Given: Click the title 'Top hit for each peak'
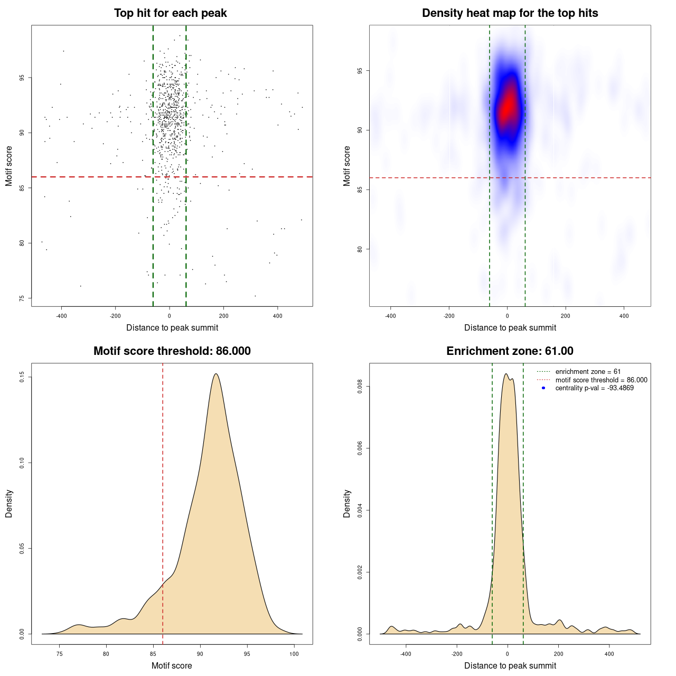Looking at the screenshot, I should coord(171,13).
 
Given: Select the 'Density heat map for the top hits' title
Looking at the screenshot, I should coord(510,13).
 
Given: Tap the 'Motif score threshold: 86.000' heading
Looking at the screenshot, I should coord(172,351).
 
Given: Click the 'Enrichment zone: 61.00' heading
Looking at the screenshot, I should coord(510,351).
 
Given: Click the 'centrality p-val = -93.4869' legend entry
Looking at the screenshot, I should coord(594,388).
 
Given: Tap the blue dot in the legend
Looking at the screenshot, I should coord(543,388).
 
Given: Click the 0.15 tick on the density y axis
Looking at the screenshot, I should coord(22,377).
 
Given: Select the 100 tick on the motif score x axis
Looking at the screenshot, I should coord(294,654).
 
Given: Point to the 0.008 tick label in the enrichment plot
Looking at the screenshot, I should coord(360,387).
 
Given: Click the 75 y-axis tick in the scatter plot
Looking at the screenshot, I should coord(22,298).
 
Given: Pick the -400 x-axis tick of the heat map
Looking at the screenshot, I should coord(390,316).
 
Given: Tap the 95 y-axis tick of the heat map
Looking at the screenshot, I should coord(360,71).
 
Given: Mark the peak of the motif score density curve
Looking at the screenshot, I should coord(216,374).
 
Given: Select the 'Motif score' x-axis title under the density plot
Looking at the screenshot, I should coord(172,665).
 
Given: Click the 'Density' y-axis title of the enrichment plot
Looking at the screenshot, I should coord(347,503).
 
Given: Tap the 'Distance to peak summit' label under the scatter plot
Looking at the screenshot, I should coord(172,327).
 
